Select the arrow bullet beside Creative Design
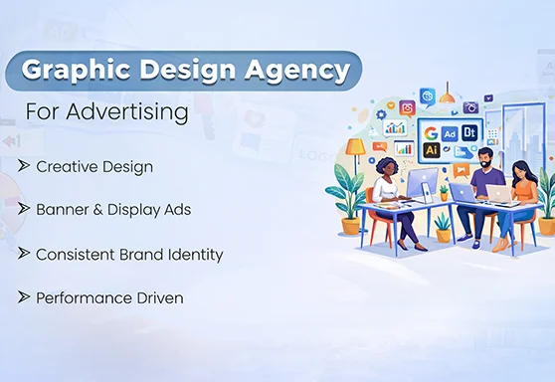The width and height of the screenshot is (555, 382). tap(23, 166)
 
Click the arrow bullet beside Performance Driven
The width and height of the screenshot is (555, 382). tap(23, 297)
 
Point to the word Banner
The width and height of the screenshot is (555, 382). tap(61, 210)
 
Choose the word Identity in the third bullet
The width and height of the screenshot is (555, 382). tap(193, 254)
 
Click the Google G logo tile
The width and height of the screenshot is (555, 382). tap(431, 132)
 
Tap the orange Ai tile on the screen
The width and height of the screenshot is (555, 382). tap(431, 150)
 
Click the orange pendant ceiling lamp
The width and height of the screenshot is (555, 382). tap(448, 97)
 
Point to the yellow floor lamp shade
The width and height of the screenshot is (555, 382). tap(355, 146)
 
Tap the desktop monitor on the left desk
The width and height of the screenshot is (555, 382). tap(422, 182)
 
